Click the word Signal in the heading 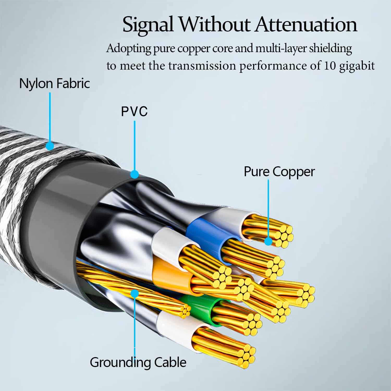(x=148, y=25)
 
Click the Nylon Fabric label (x=54, y=83)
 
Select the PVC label (x=134, y=111)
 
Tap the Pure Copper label (x=279, y=172)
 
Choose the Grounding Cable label (x=138, y=362)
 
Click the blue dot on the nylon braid (x=50, y=146)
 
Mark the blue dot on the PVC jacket (x=134, y=174)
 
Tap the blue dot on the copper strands (x=268, y=241)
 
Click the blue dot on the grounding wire (x=135, y=294)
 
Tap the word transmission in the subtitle (x=202, y=65)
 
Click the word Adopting (x=129, y=49)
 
